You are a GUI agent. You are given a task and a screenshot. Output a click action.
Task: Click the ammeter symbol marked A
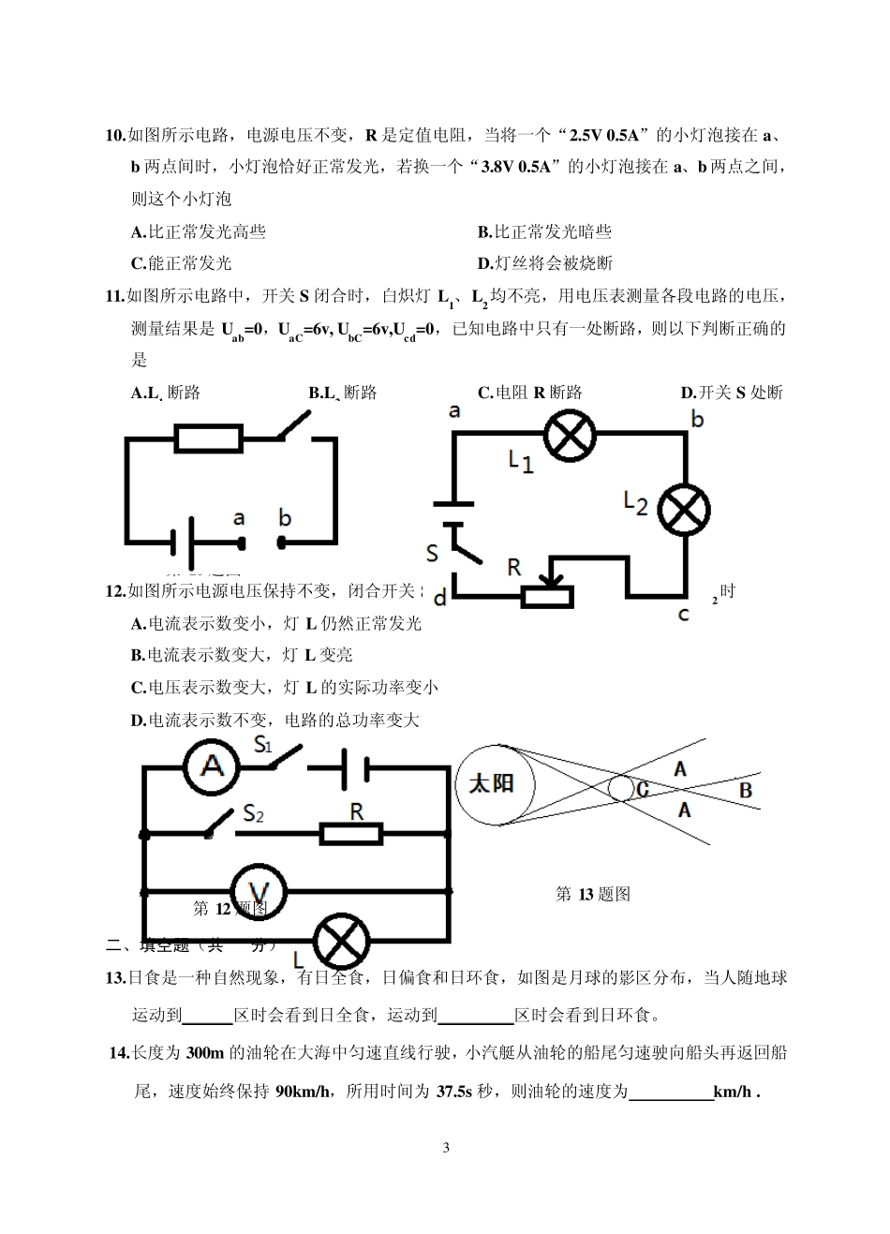click(x=212, y=766)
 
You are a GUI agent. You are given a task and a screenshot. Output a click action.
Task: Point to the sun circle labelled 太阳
click(x=491, y=784)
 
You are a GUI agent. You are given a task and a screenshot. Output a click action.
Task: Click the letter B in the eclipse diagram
click(x=745, y=790)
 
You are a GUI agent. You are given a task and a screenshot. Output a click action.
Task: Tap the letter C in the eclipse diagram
click(x=643, y=789)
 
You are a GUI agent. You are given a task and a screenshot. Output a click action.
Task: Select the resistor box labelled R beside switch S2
click(x=351, y=833)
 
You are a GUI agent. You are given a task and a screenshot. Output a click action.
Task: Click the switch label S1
click(x=263, y=746)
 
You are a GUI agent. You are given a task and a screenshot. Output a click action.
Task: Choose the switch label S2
click(x=253, y=812)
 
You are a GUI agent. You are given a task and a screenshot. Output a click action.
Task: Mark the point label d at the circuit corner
click(x=440, y=593)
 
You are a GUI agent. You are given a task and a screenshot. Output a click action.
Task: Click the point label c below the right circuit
click(x=683, y=615)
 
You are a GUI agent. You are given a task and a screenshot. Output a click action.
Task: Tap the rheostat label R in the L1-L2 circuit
click(x=513, y=566)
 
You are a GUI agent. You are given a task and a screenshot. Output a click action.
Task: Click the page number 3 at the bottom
click(x=445, y=1148)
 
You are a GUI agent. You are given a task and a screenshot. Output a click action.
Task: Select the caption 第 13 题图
click(x=593, y=894)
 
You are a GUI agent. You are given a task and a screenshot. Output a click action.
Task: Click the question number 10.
click(x=115, y=136)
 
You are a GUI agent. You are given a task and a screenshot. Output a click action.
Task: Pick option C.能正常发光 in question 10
click(x=181, y=263)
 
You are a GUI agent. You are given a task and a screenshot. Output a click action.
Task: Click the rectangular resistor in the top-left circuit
click(x=209, y=438)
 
